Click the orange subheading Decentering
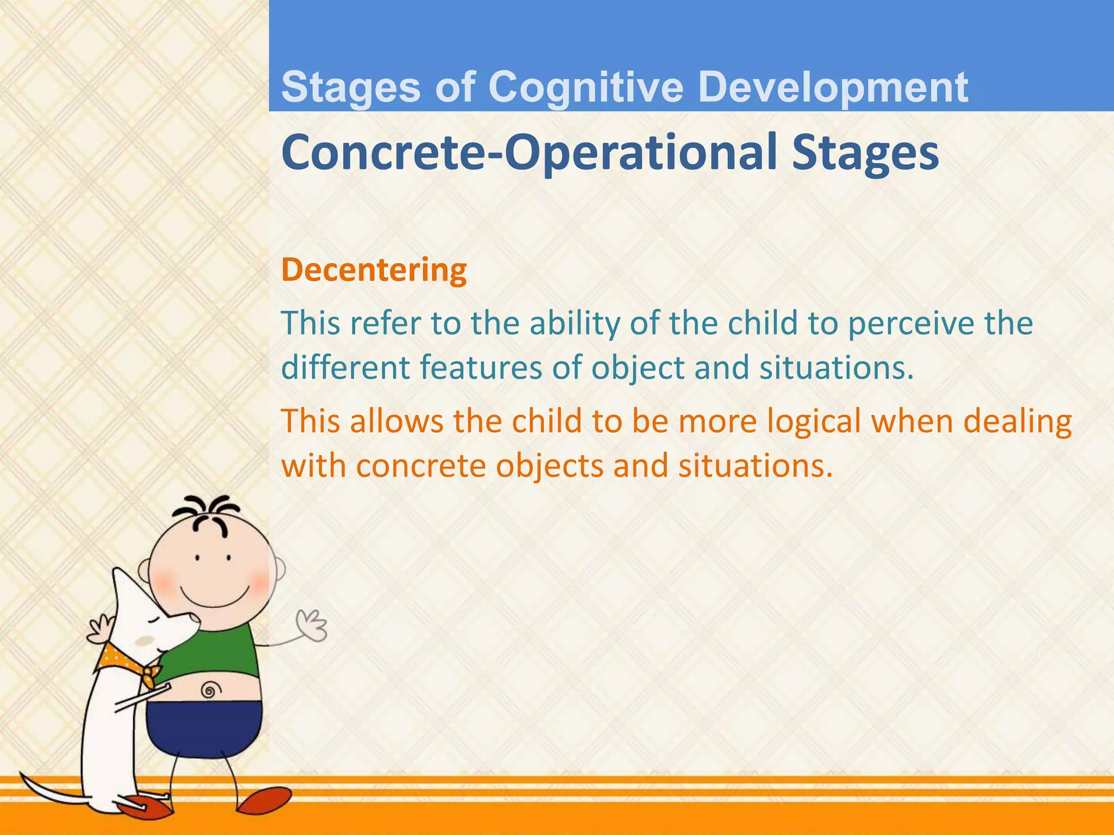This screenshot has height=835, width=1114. (374, 270)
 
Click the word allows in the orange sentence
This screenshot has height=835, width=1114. (397, 421)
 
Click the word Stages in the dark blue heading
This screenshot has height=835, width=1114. (865, 153)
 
